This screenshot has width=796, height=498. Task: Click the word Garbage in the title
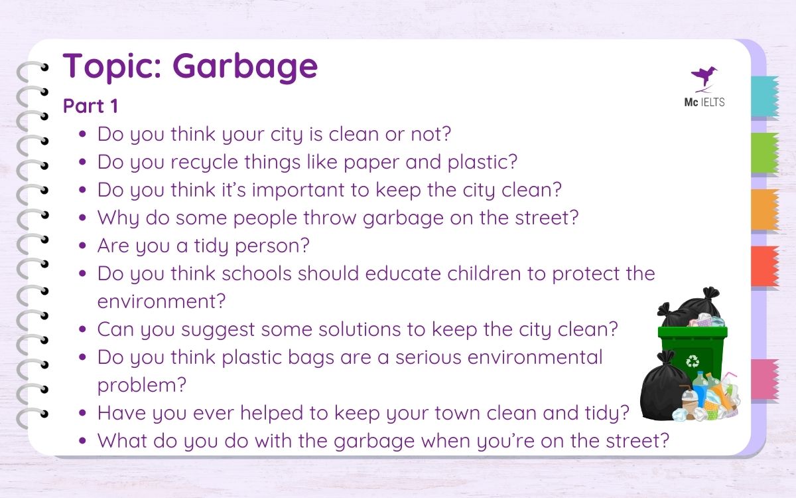click(245, 67)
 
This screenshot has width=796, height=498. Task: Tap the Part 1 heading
click(90, 106)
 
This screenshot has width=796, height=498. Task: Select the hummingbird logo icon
click(704, 77)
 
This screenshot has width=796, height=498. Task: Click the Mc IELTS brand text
click(704, 103)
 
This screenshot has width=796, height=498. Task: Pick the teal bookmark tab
click(763, 96)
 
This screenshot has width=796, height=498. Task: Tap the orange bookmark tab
click(763, 209)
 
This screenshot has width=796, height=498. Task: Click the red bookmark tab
click(763, 266)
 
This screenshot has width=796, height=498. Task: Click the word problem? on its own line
click(142, 385)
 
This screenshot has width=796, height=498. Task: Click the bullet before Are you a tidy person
click(82, 246)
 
